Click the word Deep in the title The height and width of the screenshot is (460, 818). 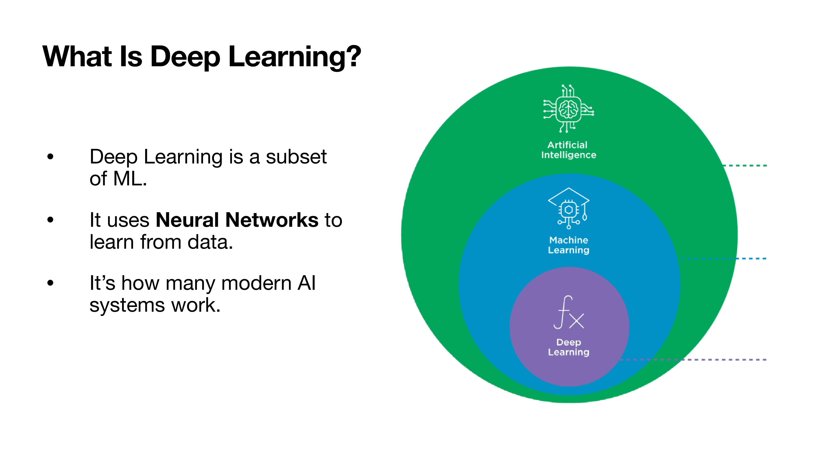185,57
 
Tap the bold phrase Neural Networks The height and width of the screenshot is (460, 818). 237,220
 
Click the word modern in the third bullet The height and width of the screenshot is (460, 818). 256,283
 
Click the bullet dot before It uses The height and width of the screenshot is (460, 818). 50,220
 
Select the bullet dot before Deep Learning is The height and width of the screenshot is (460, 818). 50,157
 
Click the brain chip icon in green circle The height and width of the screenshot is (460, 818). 568,109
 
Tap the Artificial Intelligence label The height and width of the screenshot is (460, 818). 568,150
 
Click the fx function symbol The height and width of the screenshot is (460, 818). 568,313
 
